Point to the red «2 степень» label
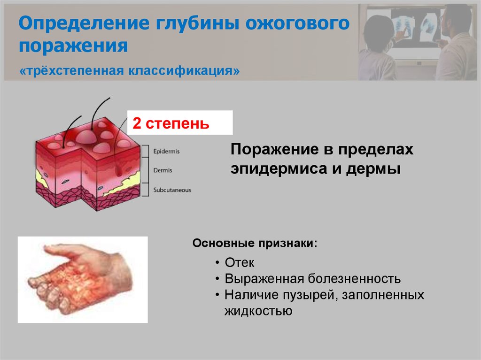pos(170,123)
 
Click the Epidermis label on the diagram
pos(166,152)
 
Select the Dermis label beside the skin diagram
pos(163,171)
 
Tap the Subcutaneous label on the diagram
pos(172,190)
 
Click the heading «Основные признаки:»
pos(255,245)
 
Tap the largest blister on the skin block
pos(85,136)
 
